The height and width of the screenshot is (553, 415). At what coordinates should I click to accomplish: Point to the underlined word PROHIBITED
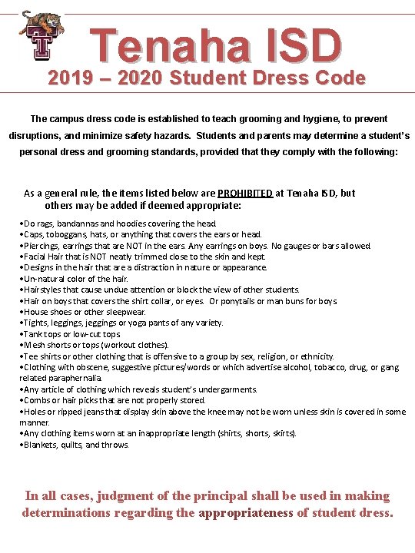tap(245, 194)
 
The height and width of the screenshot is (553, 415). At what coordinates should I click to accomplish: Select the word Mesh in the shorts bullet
tap(35, 345)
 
